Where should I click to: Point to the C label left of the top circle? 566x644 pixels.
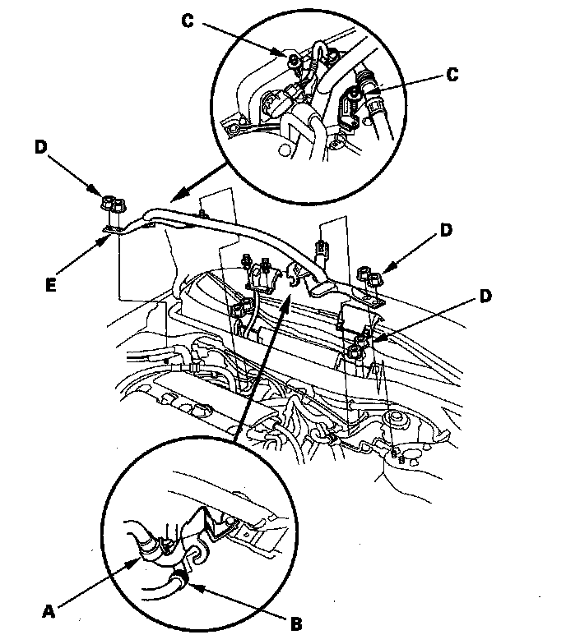pyautogui.click(x=188, y=22)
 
